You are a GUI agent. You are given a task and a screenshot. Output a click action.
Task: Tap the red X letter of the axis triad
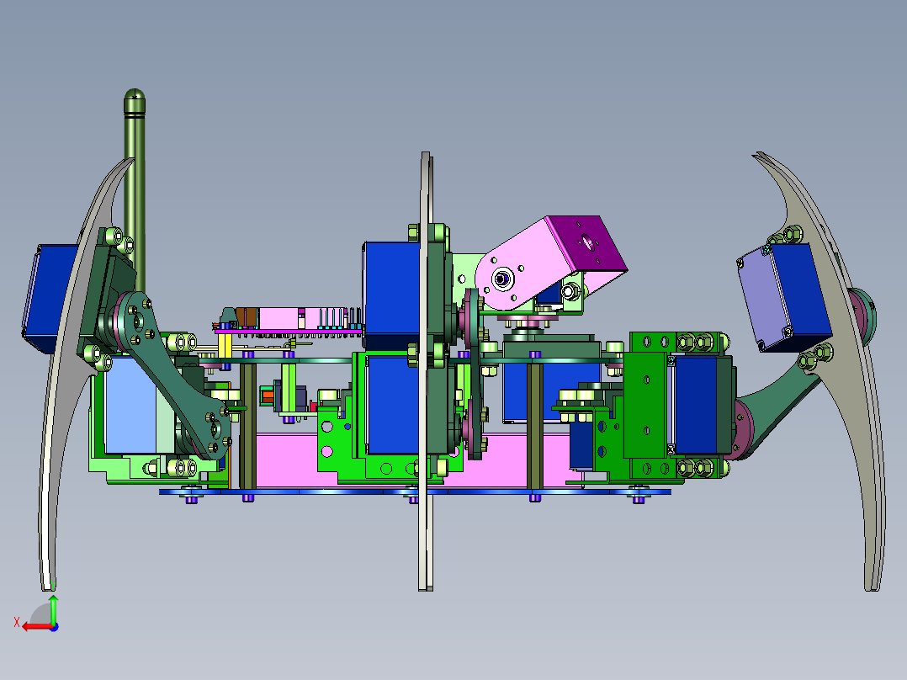point(17,623)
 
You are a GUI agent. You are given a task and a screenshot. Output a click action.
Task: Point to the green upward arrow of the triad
point(53,608)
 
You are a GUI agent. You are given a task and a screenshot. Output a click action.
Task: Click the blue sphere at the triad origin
point(54,627)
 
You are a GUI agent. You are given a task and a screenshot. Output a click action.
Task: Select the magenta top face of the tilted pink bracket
point(587,243)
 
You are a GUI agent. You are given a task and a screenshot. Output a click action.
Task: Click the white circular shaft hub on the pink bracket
point(501,279)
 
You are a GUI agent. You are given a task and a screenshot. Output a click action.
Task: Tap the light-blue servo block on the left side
point(132,404)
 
